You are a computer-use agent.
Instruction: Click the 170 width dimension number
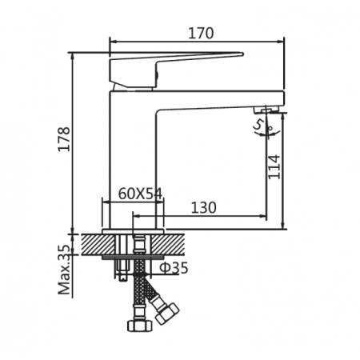click(201, 33)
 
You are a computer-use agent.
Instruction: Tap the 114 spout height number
click(274, 166)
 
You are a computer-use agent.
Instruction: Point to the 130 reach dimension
click(204, 206)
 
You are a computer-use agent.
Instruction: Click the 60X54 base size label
click(140, 194)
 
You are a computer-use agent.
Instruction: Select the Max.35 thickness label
click(66, 270)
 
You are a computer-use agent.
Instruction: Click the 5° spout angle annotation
click(261, 126)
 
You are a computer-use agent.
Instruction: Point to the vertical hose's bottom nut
click(137, 326)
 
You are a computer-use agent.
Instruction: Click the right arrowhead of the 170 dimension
click(281, 42)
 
